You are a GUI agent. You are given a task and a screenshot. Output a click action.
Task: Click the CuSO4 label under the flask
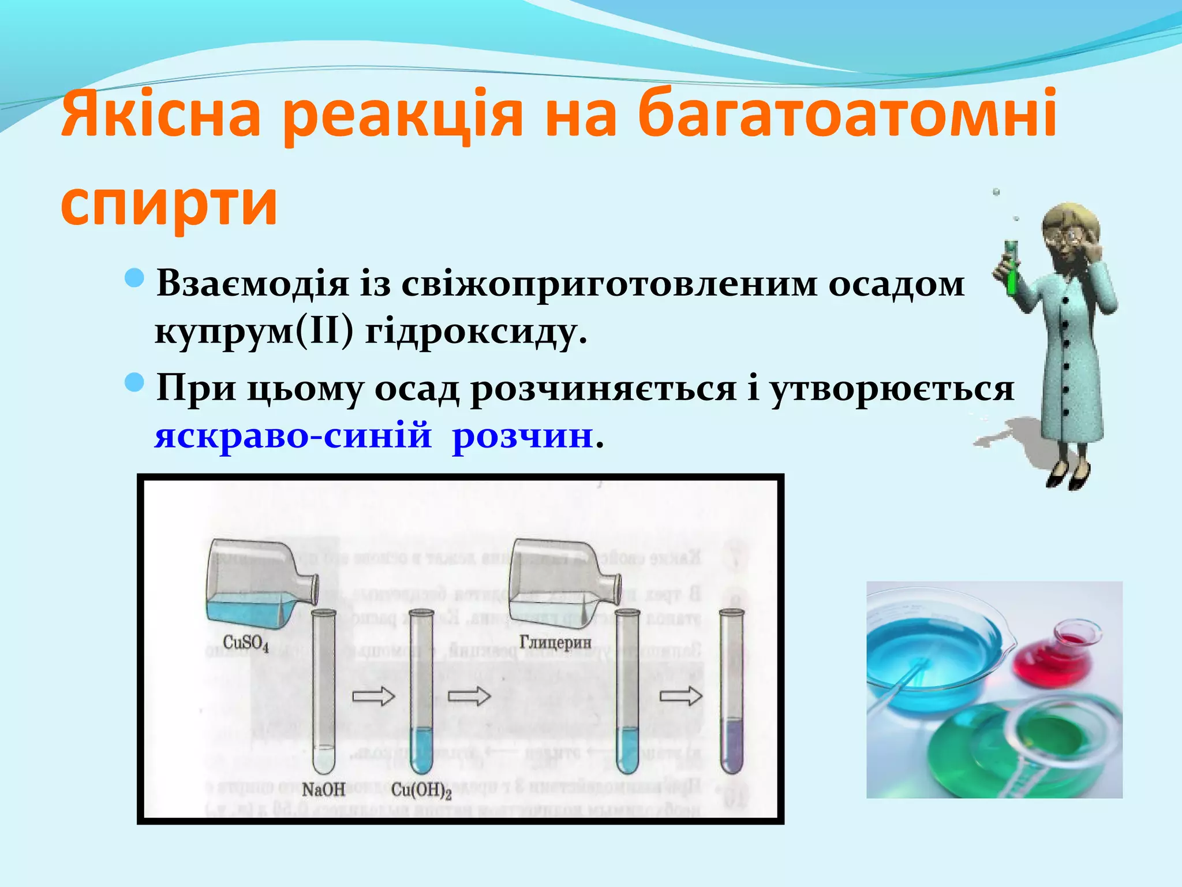[x=246, y=643]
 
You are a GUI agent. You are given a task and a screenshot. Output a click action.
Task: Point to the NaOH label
[x=323, y=789]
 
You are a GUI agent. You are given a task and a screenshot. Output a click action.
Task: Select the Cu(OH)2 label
[x=421, y=790]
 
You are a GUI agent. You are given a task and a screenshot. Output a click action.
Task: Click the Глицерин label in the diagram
[x=555, y=642]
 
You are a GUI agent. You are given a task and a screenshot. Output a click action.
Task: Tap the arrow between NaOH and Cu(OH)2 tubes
[x=373, y=697]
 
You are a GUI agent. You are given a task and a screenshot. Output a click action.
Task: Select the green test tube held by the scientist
[x=1011, y=269]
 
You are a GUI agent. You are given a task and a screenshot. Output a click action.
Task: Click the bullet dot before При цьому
[x=134, y=382]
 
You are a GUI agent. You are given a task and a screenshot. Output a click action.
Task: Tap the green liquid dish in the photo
[x=1039, y=745]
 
